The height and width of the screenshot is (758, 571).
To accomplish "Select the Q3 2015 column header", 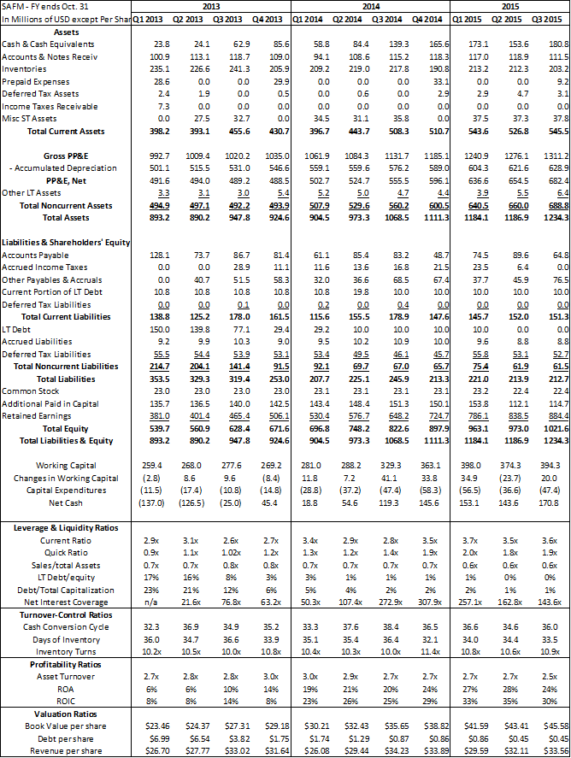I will point(554,18).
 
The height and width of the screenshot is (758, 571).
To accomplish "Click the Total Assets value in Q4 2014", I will point(435,218).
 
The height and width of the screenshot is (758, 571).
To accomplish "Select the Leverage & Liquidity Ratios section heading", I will point(66,528).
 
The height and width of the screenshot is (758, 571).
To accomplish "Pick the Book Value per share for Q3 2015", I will point(553,726).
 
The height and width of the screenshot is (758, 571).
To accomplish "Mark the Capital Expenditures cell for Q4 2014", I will point(434,491).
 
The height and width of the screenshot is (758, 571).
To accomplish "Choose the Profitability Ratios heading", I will point(66,664).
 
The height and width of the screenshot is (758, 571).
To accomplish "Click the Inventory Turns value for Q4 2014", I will point(435,651).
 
